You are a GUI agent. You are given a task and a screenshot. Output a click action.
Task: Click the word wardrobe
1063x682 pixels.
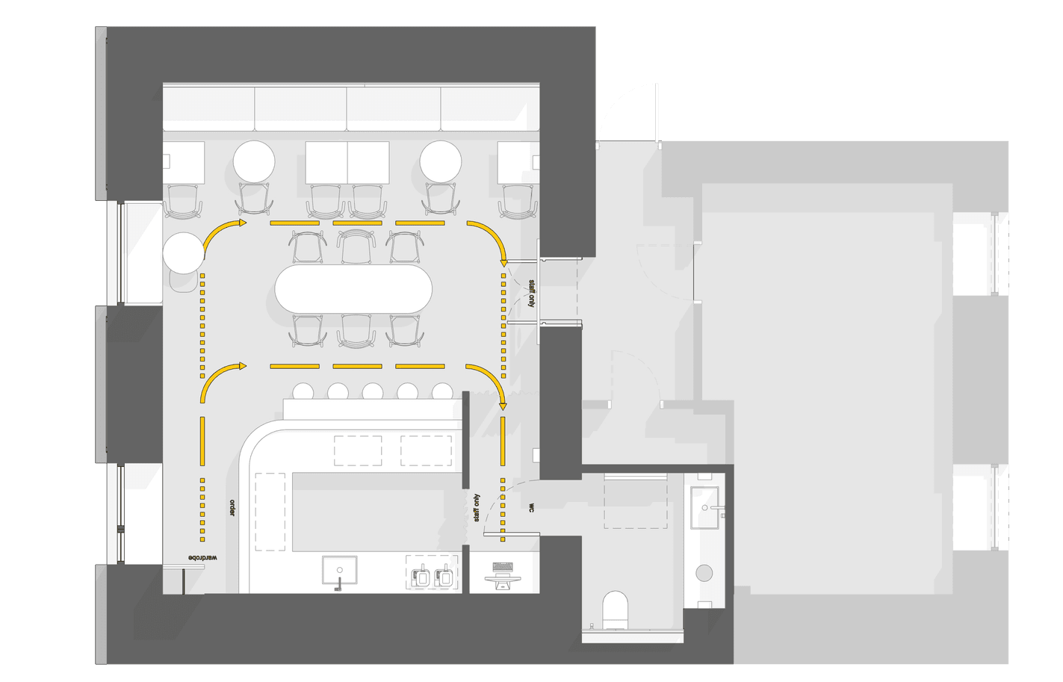[202, 558]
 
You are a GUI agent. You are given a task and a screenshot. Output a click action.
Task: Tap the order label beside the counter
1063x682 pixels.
[232, 508]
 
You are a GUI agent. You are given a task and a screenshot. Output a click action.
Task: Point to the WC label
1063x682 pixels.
[531, 508]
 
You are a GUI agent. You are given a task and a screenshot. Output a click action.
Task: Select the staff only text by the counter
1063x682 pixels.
[477, 508]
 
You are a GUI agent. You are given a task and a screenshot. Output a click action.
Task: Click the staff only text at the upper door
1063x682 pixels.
[532, 294]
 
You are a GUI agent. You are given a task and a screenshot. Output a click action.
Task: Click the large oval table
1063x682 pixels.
[353, 289]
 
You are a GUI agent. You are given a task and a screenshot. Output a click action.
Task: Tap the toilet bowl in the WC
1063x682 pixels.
[615, 610]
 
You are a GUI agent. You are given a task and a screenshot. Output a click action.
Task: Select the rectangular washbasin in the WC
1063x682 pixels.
[705, 507]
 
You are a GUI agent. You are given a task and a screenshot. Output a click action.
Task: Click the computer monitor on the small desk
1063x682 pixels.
[503, 580]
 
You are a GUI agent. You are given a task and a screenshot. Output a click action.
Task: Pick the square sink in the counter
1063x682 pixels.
[339, 569]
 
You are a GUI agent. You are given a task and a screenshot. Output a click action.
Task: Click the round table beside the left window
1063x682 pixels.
[184, 252]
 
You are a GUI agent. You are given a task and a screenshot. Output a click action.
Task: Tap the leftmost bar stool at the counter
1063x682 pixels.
[303, 391]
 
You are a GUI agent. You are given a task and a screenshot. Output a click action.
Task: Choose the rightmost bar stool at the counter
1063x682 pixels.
[442, 391]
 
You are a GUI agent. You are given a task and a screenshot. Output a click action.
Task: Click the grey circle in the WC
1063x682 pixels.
[704, 573]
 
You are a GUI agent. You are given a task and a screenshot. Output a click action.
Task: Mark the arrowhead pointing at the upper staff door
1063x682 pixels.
[503, 262]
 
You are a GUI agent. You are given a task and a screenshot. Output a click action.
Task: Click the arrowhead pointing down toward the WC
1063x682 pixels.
[503, 406]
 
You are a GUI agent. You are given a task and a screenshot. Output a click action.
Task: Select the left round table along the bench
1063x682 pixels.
[254, 161]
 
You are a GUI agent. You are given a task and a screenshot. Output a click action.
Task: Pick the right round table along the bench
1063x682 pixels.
[441, 161]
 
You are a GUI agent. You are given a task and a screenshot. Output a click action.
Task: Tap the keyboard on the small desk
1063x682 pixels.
[503, 567]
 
